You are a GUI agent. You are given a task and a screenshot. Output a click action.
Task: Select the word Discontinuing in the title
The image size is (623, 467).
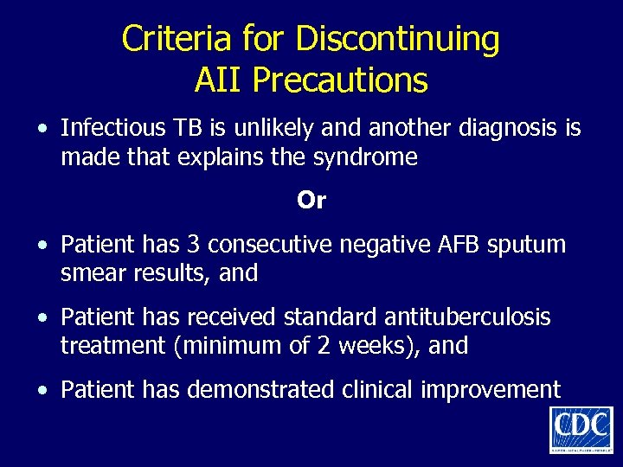tap(398, 40)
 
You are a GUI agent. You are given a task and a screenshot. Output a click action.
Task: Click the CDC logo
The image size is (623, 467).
tap(581, 430)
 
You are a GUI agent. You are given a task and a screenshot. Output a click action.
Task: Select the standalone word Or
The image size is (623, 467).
tap(311, 201)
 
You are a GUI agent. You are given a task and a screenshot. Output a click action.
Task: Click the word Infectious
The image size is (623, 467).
tap(112, 128)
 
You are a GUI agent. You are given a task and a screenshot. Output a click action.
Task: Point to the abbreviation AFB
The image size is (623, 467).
tap(454, 245)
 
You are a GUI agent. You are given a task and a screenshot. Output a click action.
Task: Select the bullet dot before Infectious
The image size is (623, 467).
tap(42, 130)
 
